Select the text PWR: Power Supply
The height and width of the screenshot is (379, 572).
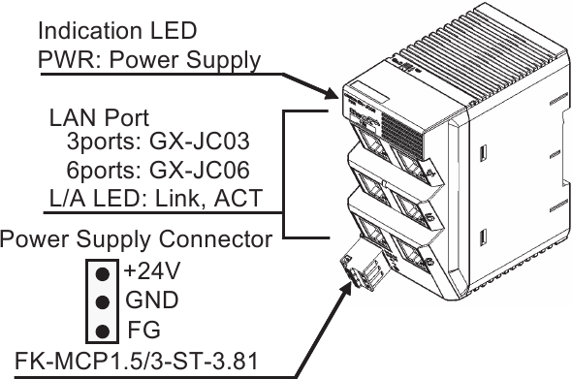click(x=149, y=60)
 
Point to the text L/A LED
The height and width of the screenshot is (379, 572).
click(x=80, y=201)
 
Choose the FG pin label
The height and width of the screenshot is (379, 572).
click(x=139, y=331)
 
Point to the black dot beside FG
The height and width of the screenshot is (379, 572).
click(x=101, y=332)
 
